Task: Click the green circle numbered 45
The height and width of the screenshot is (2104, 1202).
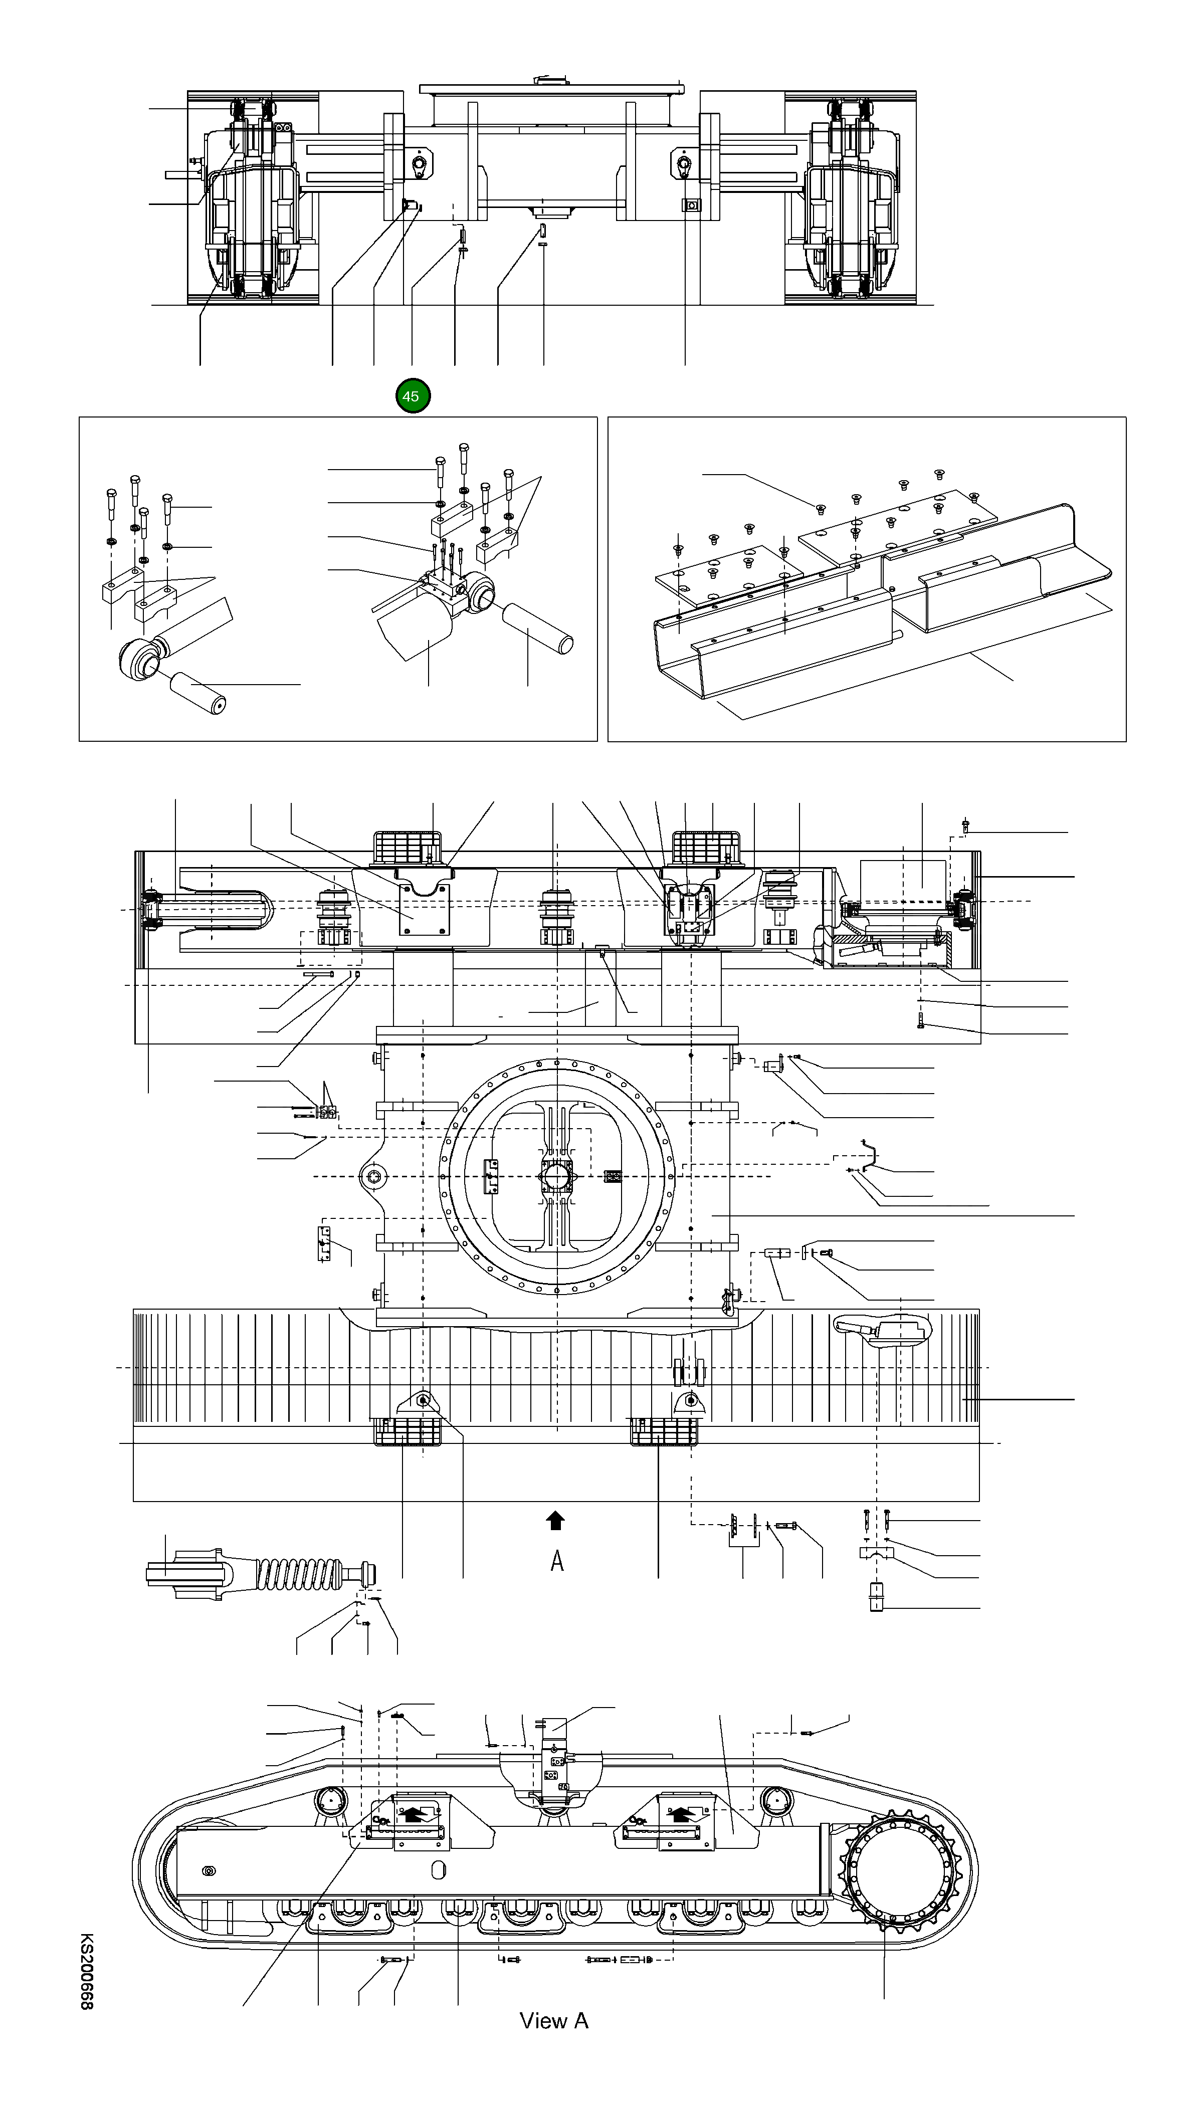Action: [x=412, y=396]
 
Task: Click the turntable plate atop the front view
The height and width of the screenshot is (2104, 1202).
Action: [x=551, y=88]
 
